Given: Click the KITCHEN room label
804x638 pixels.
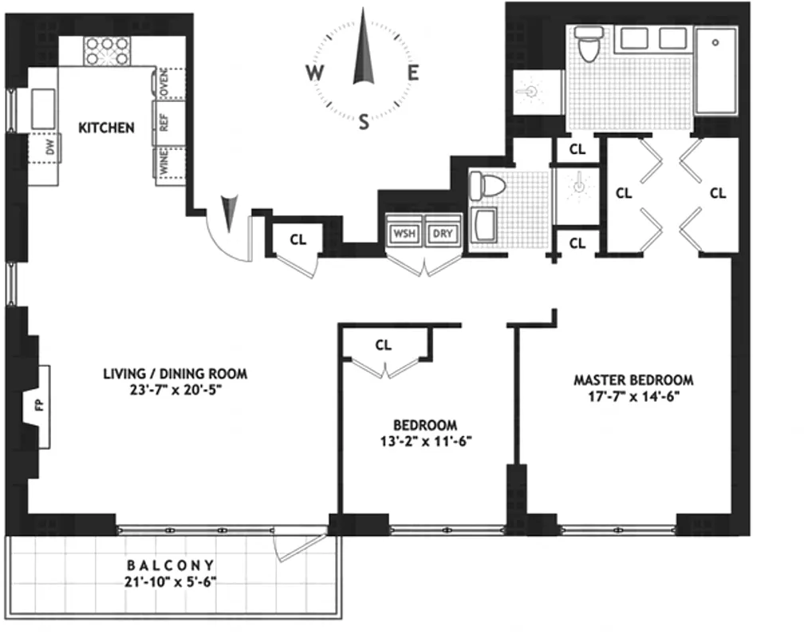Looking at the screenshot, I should tap(106, 128).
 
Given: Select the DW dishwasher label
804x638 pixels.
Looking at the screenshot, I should tap(49, 148).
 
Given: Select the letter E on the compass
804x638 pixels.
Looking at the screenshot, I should tap(413, 73).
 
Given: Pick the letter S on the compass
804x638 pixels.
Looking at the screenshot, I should tap(365, 122).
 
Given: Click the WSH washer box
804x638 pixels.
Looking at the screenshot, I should tap(403, 234).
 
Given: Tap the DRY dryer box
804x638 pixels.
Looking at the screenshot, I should tap(442, 234).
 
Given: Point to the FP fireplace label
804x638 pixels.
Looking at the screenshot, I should tap(39, 406).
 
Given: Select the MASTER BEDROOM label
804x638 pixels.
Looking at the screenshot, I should tap(633, 380).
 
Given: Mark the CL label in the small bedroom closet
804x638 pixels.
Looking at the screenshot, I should tap(384, 345).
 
